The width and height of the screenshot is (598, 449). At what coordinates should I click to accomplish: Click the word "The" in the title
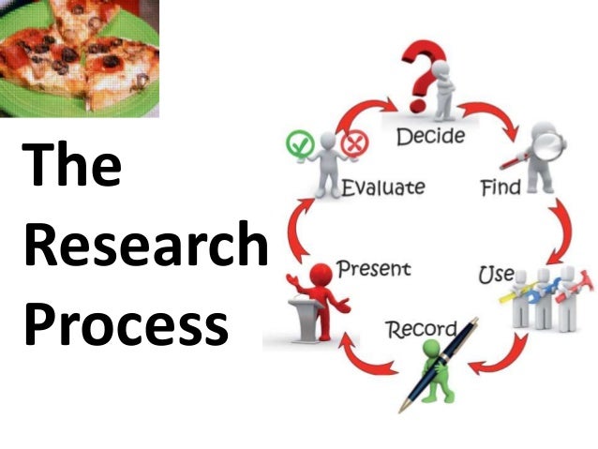tap(72, 166)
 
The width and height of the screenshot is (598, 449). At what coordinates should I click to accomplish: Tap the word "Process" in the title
tap(126, 325)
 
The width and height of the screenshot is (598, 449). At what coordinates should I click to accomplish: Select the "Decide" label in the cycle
tap(430, 138)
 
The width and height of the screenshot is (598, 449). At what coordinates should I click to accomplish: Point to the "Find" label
tap(500, 187)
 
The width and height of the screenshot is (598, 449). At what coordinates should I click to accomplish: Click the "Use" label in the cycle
tap(496, 275)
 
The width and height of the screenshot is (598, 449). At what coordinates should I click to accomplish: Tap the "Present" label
tap(373, 269)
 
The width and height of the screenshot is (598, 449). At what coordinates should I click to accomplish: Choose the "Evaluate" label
tap(382, 187)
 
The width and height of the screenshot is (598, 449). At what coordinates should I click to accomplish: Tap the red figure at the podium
tap(321, 289)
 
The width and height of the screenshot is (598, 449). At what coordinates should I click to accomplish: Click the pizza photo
tap(79, 57)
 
